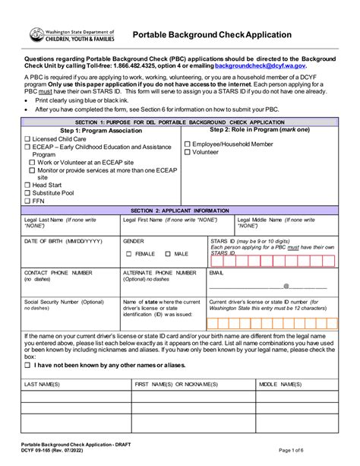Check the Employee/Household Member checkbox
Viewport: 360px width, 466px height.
coord(188,143)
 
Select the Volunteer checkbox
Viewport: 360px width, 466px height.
coord(188,152)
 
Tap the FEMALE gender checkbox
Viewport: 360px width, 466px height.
coord(128,253)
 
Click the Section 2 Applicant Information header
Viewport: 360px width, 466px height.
coord(179,210)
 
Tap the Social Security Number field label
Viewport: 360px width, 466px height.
coord(61,302)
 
